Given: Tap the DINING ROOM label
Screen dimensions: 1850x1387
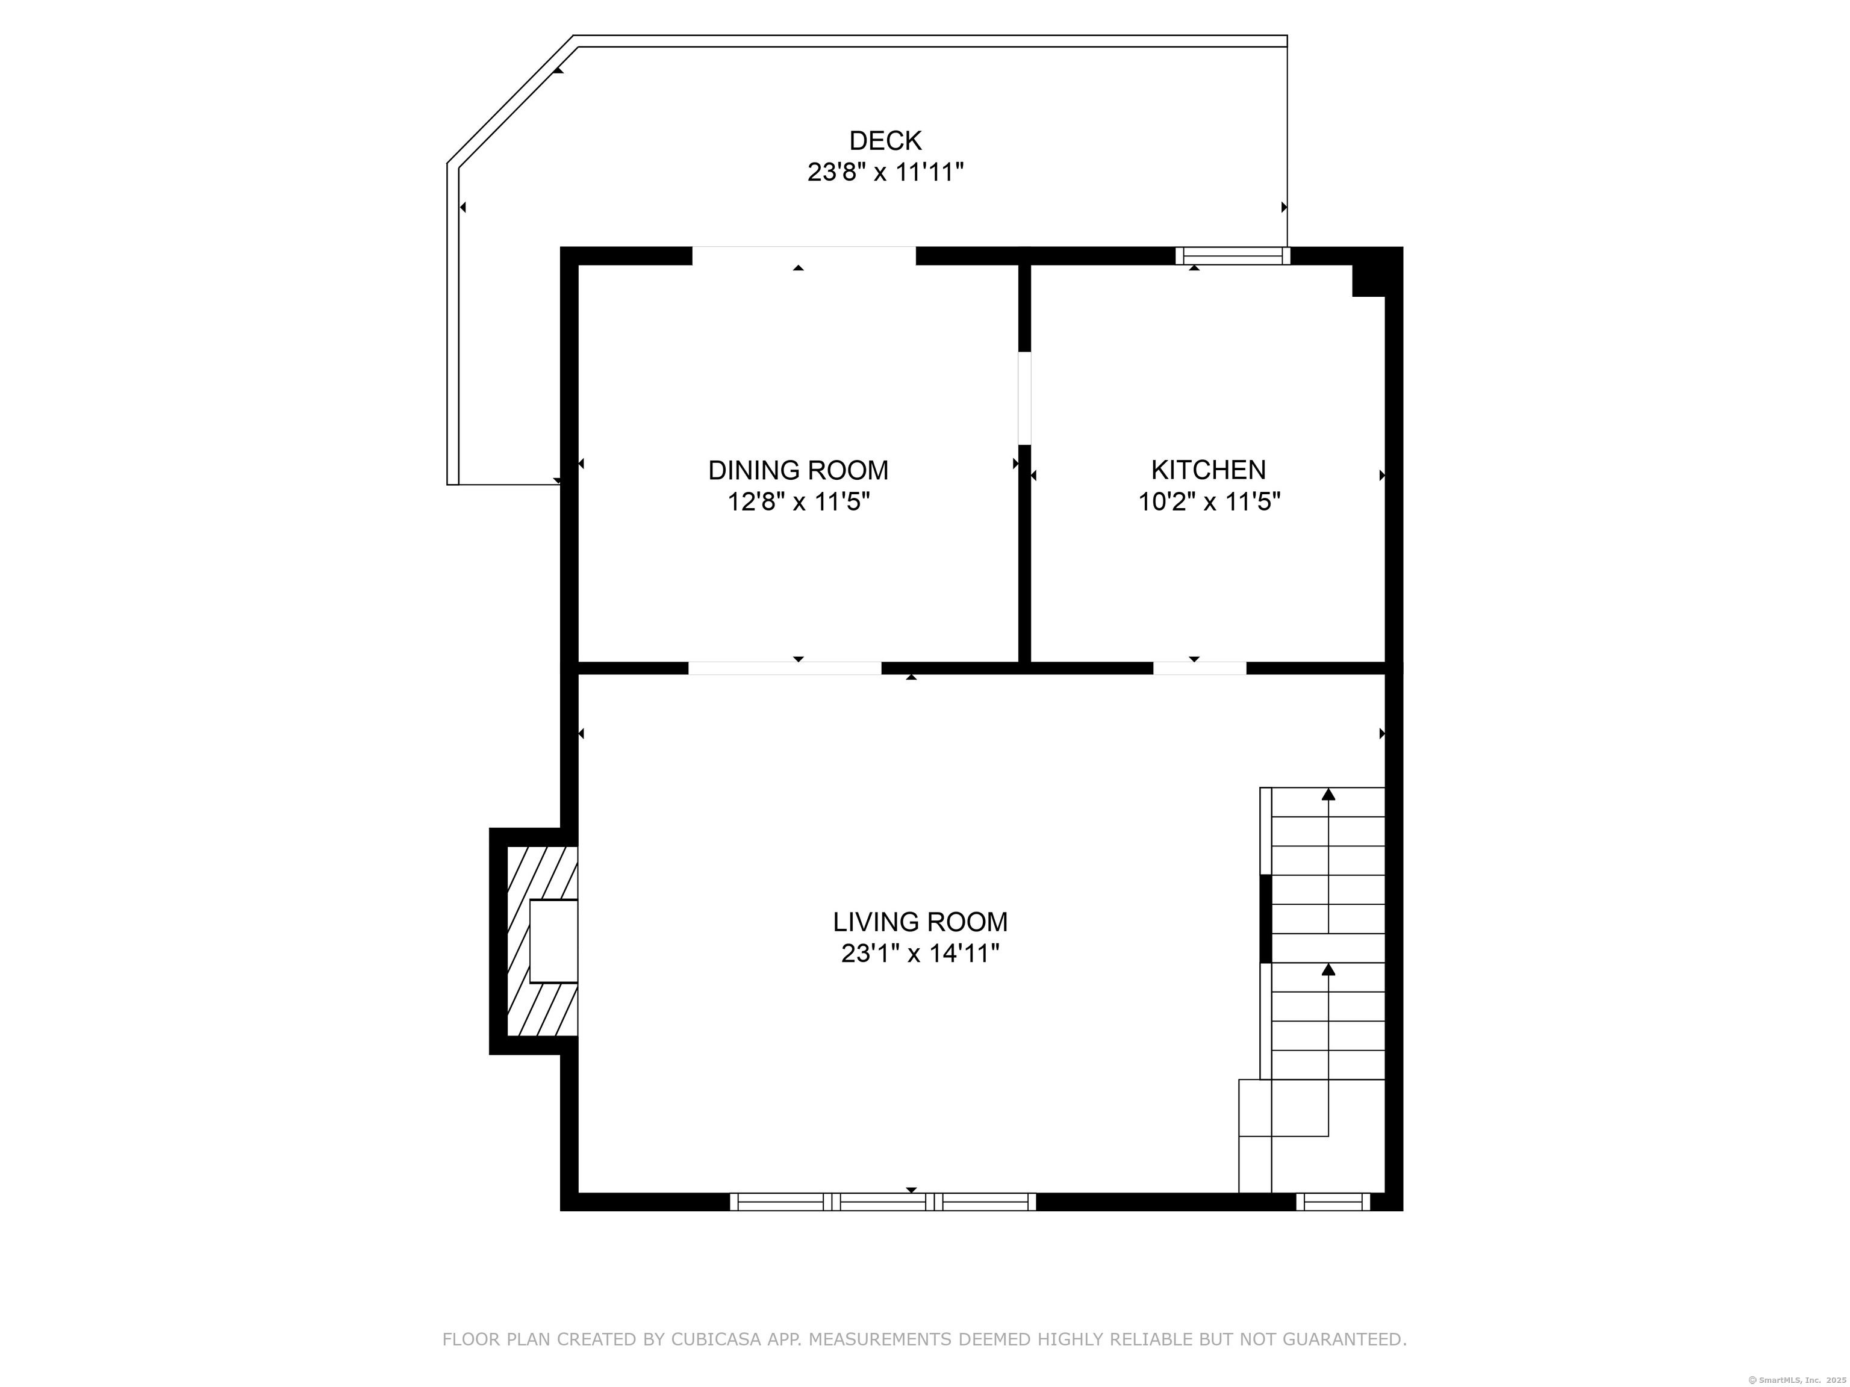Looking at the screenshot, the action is point(798,471).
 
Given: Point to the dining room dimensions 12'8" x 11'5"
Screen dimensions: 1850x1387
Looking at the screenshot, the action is point(799,503).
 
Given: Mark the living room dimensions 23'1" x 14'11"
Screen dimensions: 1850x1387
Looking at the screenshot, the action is point(920,953).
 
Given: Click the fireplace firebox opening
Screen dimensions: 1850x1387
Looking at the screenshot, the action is point(553,940).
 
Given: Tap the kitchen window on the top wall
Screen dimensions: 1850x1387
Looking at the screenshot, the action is point(1233,256).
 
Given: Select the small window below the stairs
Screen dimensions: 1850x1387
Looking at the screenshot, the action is point(1333,1202).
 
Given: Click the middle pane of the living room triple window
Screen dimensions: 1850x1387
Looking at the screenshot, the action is point(883,1202).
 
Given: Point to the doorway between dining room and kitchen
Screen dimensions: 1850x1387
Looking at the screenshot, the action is point(1024,398).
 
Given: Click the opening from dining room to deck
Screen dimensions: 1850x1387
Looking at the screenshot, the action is point(804,255).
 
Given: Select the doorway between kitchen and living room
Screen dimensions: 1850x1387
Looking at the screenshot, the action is point(1200,668).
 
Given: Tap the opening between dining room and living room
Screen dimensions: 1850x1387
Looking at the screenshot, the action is point(785,668).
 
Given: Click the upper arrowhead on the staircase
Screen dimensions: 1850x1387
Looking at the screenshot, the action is point(1328,794).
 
